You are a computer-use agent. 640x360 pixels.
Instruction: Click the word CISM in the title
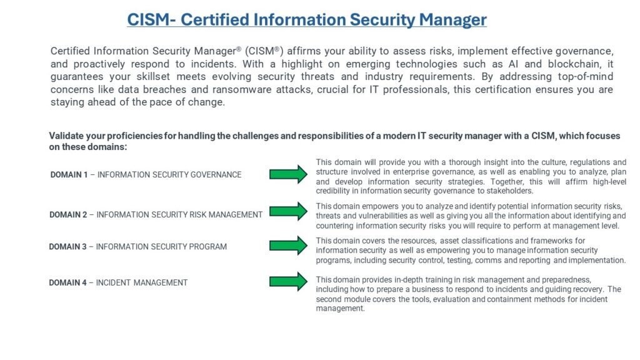click(x=147, y=19)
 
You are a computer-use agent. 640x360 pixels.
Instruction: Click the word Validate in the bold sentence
click(x=66, y=136)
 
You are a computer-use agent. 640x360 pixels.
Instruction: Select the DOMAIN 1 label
click(x=69, y=175)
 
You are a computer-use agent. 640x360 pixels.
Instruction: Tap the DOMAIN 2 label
click(x=68, y=214)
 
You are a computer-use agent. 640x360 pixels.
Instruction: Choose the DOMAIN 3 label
click(x=68, y=246)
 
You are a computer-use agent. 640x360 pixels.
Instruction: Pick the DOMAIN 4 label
click(x=68, y=282)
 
